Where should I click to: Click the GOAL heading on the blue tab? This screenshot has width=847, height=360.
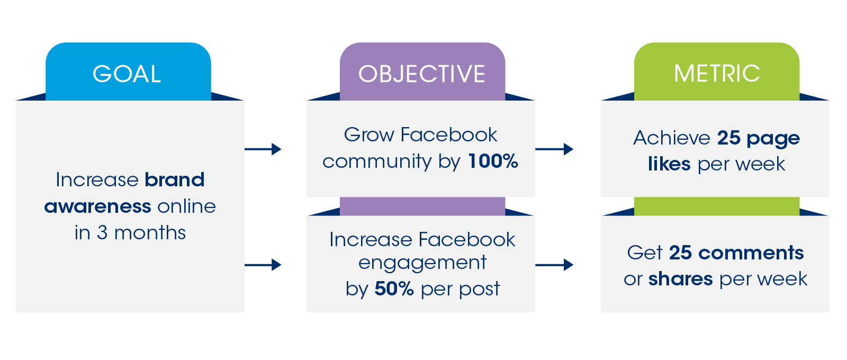point(127,74)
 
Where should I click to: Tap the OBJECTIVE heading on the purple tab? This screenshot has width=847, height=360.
point(421,74)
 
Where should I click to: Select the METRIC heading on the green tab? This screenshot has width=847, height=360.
point(717,73)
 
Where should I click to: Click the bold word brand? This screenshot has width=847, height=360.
point(175,179)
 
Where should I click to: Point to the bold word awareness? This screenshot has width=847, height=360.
point(97,206)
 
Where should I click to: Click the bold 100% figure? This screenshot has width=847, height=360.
point(493,161)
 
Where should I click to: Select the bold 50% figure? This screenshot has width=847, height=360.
point(394,289)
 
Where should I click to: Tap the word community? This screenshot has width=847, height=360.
point(377,162)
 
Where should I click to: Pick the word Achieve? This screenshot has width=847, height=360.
point(672,138)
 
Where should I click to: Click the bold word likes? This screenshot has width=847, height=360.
point(669,164)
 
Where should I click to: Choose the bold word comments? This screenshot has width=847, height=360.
point(751,253)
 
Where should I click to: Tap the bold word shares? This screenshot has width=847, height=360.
point(681,279)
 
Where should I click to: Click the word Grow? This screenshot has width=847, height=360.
point(369,134)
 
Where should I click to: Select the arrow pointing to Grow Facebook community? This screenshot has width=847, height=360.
point(263,149)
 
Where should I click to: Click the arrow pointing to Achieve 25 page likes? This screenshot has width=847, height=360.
point(554,149)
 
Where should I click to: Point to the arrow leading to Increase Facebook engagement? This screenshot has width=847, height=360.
point(263,265)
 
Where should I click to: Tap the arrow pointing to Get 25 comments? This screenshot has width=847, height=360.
point(554,265)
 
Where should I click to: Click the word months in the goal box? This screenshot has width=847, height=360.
point(150,232)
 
